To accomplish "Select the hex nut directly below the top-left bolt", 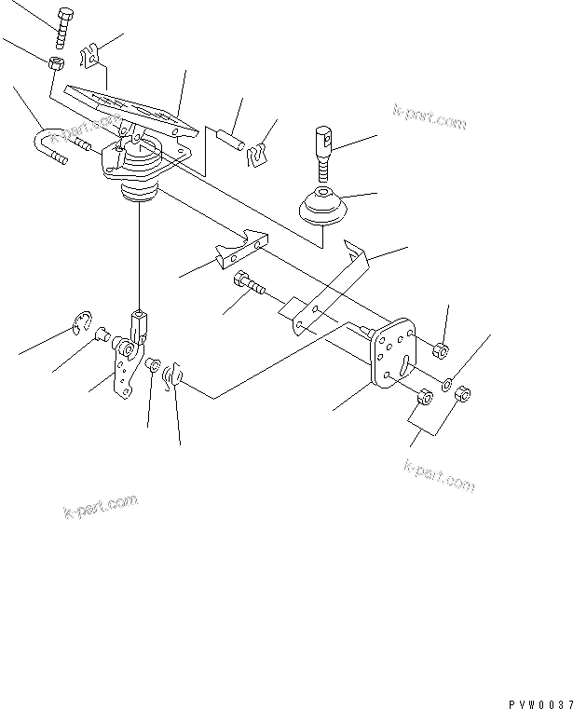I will [x=55, y=64].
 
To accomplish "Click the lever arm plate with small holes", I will [x=122, y=372].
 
